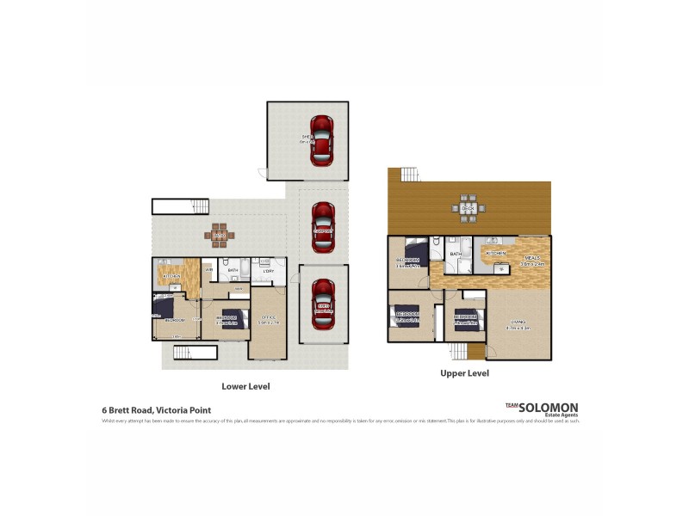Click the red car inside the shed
point(321,140)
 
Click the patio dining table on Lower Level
point(219,233)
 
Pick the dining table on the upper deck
point(469,206)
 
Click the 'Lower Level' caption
point(245,387)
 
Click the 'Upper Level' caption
point(464,374)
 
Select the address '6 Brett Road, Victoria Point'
point(156,411)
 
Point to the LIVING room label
point(518,324)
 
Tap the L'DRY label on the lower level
point(268,272)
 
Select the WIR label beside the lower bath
point(208,270)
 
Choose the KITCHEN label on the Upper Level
point(497,254)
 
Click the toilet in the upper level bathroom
point(438,243)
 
